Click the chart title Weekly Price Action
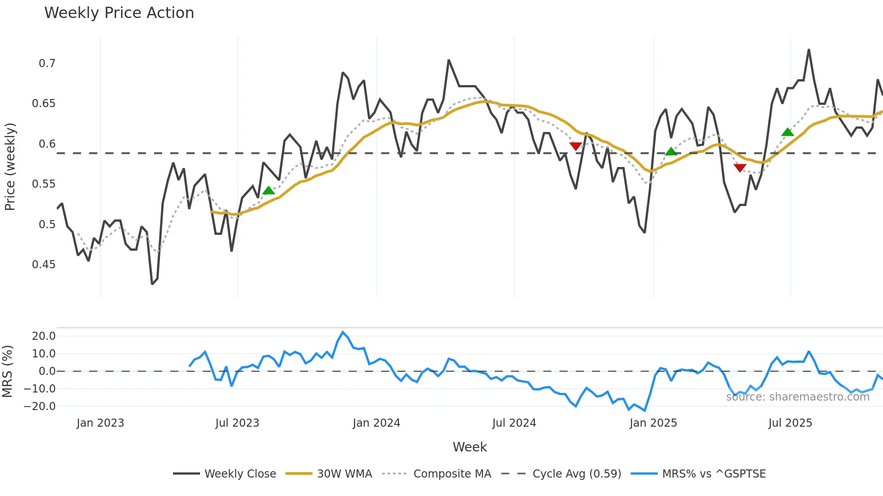click(119, 13)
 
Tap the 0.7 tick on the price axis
click(47, 63)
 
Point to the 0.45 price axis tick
click(44, 265)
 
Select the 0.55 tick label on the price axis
click(44, 184)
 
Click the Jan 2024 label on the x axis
click(376, 423)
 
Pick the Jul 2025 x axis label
click(790, 423)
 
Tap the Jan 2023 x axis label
click(100, 423)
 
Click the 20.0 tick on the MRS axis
click(44, 336)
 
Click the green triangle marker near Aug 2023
click(269, 191)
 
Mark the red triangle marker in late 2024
click(576, 146)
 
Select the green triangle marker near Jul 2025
click(787, 132)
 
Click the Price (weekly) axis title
click(10, 167)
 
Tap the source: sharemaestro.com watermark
click(797, 397)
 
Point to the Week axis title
click(469, 447)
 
